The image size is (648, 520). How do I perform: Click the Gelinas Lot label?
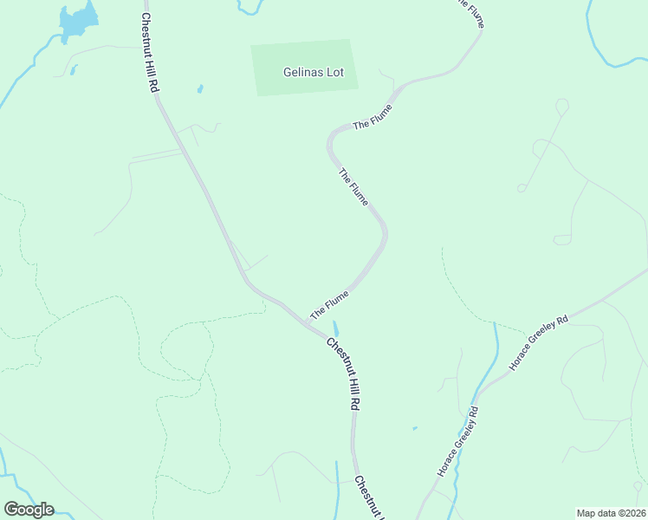(313, 72)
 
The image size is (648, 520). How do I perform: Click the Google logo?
(29, 510)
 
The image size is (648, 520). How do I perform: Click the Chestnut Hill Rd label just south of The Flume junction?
(344, 373)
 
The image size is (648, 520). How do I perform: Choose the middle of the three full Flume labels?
(353, 187)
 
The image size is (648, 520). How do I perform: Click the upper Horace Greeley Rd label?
(538, 343)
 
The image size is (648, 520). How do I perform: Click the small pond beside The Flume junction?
(335, 328)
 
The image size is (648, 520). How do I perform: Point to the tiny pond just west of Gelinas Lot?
(200, 88)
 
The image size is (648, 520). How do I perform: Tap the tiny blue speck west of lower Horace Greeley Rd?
(414, 427)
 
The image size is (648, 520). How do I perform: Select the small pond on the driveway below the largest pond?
(75, 68)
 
